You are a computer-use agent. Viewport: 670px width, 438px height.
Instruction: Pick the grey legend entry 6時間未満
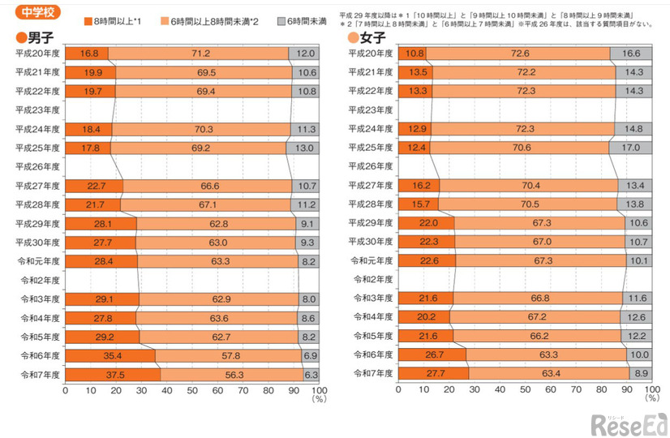(298, 20)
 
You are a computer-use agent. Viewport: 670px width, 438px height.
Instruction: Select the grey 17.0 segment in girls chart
(629, 148)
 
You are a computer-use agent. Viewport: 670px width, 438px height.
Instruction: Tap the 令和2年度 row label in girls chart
(371, 280)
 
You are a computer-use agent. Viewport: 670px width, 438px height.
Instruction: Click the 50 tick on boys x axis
(191, 390)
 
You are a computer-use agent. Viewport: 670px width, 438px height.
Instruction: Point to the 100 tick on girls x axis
(651, 390)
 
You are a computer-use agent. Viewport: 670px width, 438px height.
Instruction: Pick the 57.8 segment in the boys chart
(228, 355)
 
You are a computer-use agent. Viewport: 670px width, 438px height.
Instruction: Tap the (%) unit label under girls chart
(651, 399)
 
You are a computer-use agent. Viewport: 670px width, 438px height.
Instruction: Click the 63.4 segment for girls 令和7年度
(548, 374)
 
